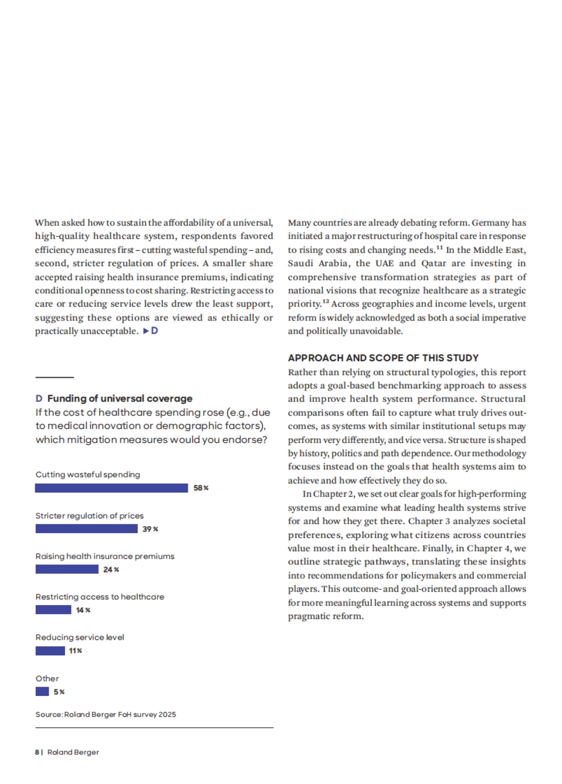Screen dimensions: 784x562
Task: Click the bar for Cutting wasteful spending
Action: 111,488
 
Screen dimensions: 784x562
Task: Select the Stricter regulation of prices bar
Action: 87,529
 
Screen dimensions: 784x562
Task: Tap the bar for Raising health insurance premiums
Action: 67,570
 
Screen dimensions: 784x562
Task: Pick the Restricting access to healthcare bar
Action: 53,610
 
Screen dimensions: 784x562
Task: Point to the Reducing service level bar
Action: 50,651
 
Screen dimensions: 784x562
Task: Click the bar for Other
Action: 42,691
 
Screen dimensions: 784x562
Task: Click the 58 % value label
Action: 201,488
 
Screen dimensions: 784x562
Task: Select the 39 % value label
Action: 150,529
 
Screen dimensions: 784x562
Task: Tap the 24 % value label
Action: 111,570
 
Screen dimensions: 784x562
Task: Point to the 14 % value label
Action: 83,610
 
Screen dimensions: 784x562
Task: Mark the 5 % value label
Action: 59,692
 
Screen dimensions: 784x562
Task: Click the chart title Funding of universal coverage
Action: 120,398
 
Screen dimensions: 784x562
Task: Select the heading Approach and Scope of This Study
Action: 383,358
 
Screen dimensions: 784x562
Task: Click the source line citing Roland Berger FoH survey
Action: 106,715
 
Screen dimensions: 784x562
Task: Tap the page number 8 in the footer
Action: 37,752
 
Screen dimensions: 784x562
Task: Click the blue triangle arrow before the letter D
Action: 146,331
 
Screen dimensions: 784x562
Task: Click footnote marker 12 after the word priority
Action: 325,301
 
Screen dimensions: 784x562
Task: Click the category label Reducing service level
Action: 80,637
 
